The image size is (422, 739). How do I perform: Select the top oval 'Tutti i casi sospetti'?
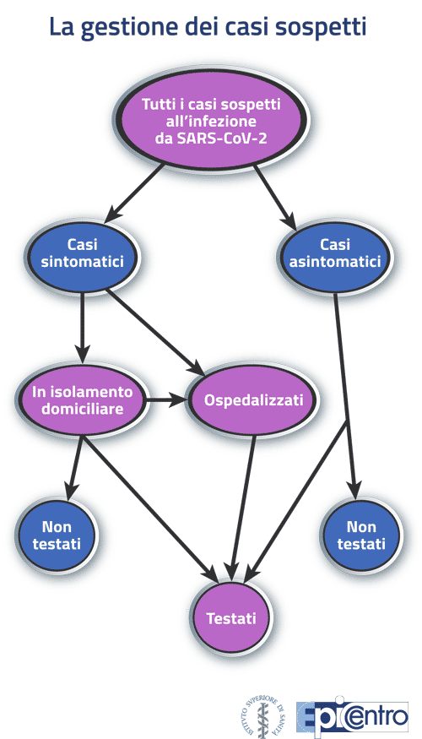pos(211,118)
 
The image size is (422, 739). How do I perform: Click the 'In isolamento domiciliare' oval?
pos(82,400)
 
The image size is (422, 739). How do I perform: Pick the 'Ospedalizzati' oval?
pos(253,400)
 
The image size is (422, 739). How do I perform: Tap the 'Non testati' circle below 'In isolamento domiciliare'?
pos(57,535)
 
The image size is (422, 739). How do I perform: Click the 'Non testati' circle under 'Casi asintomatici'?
pos(361,535)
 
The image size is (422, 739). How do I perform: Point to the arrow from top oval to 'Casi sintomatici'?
pos(134,193)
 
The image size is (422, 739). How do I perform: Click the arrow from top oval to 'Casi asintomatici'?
pos(275,197)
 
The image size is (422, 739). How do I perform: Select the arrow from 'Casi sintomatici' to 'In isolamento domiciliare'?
pos(83,328)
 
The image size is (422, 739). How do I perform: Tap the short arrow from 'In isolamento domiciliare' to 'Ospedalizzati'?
pos(167,400)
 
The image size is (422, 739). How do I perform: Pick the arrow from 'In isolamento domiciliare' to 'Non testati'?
pos(74,468)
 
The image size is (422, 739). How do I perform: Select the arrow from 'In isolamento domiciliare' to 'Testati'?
pos(149,509)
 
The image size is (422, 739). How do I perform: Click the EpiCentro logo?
pos(352,716)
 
